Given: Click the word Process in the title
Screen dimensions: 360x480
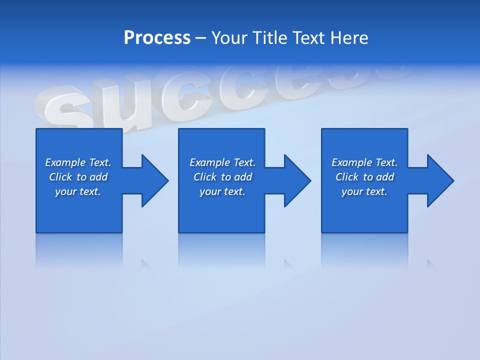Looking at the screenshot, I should coord(157,38).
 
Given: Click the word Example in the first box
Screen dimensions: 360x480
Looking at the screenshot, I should coord(65,162).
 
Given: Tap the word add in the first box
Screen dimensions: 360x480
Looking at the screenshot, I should coord(98,177).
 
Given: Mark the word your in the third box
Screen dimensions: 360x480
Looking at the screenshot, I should coord(352,191).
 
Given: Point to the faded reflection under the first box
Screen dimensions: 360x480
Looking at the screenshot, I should coord(79,250).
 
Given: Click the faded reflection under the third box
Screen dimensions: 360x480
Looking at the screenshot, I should coord(364,250).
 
